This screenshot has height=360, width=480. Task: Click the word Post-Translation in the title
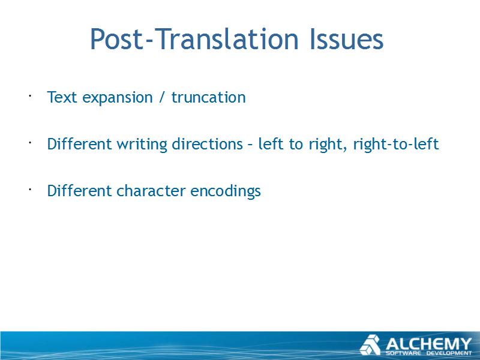click(x=194, y=40)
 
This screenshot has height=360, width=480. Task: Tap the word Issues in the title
click(x=346, y=39)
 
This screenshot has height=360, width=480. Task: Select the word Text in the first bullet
click(x=62, y=97)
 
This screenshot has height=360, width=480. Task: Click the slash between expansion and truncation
click(x=161, y=98)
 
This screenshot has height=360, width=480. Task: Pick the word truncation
click(x=208, y=97)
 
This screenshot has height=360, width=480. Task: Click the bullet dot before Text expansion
click(x=30, y=96)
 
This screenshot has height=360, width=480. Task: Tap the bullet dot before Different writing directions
click(x=30, y=143)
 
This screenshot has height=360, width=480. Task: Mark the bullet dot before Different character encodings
click(x=30, y=190)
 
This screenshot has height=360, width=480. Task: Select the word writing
click(x=142, y=145)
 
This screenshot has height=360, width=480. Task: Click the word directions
click(x=207, y=144)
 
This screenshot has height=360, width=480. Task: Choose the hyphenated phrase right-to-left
click(x=396, y=145)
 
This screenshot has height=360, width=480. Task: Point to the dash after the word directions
click(x=250, y=145)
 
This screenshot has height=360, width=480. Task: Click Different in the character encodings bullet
click(x=79, y=191)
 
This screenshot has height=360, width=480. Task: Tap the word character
click(x=151, y=191)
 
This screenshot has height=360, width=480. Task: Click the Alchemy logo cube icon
click(x=370, y=344)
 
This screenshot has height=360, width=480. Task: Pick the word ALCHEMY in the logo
click(x=428, y=344)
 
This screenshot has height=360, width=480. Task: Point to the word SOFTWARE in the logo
click(x=403, y=353)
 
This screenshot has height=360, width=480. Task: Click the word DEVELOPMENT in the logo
click(x=449, y=353)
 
